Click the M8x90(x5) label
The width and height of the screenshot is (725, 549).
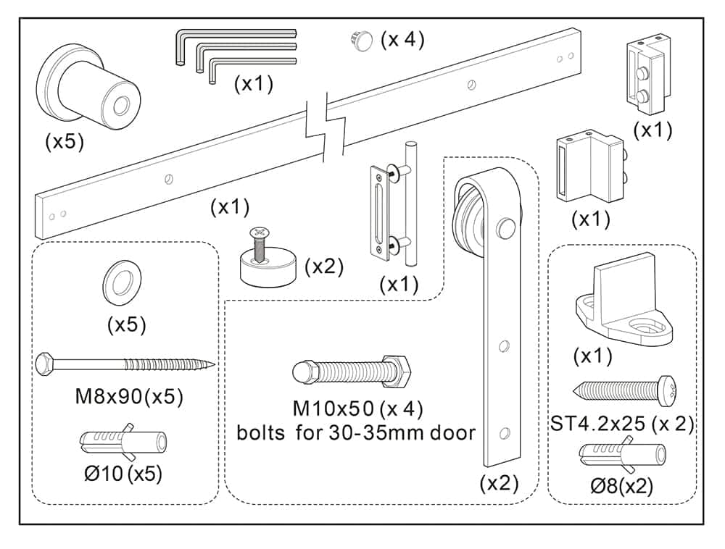128,397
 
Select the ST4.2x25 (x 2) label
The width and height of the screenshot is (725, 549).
622,424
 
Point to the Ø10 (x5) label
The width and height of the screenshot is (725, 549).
123,474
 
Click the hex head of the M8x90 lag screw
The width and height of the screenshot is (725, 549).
45,361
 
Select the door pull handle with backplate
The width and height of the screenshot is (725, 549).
392,206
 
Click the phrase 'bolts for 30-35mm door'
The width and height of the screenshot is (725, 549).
356,434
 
